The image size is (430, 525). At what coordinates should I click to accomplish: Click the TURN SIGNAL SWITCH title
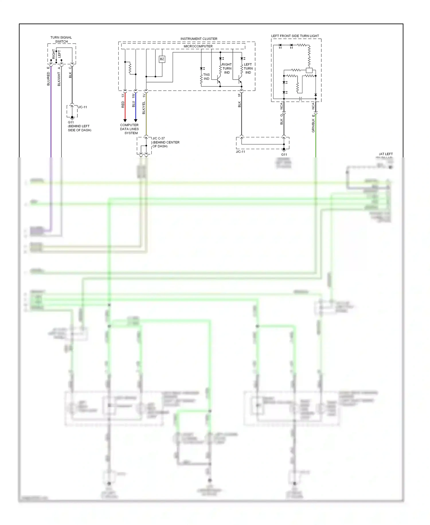(x=61, y=39)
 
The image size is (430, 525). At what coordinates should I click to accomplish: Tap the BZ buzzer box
(x=162, y=59)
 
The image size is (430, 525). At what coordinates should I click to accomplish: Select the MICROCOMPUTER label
(x=198, y=46)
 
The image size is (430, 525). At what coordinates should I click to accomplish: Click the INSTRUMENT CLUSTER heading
(x=199, y=39)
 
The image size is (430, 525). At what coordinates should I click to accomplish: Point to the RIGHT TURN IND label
(x=227, y=68)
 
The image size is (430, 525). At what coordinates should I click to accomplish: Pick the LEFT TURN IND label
(x=248, y=68)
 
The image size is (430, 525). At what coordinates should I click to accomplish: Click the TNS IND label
(x=206, y=77)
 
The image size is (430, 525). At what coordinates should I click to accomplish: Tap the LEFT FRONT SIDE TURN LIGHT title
(x=295, y=36)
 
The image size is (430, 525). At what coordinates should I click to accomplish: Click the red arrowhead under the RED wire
(x=125, y=120)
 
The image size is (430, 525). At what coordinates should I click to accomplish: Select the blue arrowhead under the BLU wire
(x=136, y=120)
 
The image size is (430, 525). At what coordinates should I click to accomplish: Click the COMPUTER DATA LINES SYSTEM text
(x=129, y=129)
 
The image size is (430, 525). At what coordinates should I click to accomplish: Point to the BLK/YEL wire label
(x=144, y=108)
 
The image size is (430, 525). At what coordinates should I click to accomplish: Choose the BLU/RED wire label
(x=48, y=79)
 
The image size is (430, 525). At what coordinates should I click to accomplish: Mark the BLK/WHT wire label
(x=59, y=79)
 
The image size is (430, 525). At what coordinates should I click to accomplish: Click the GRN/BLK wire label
(x=313, y=126)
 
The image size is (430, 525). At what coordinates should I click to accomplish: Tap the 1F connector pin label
(x=239, y=94)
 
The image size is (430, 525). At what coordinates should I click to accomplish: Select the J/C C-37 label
(x=159, y=138)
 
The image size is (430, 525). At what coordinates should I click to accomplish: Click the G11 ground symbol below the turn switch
(x=72, y=117)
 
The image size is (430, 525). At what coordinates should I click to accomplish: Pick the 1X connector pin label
(x=123, y=95)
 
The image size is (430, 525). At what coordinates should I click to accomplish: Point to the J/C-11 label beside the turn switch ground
(x=82, y=107)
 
